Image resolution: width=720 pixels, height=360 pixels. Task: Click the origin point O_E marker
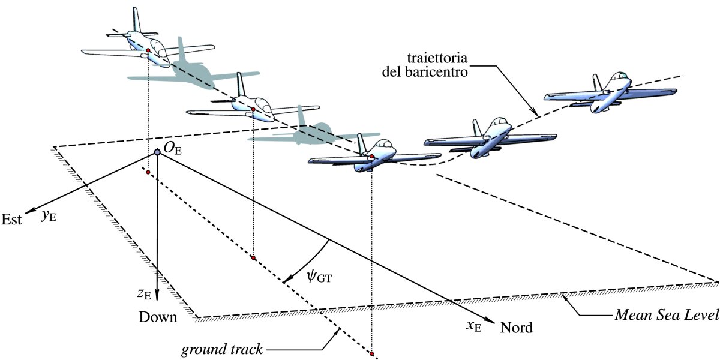click(157, 153)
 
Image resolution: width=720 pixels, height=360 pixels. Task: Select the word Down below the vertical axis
click(158, 317)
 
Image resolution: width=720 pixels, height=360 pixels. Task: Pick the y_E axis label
click(49, 216)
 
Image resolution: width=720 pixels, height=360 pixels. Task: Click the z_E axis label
click(143, 293)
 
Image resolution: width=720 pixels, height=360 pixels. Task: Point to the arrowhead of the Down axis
click(157, 296)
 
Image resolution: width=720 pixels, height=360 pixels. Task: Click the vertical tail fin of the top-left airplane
click(137, 23)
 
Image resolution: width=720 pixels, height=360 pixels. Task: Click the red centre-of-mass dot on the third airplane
click(372, 157)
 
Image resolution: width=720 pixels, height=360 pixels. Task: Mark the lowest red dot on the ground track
click(373, 353)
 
